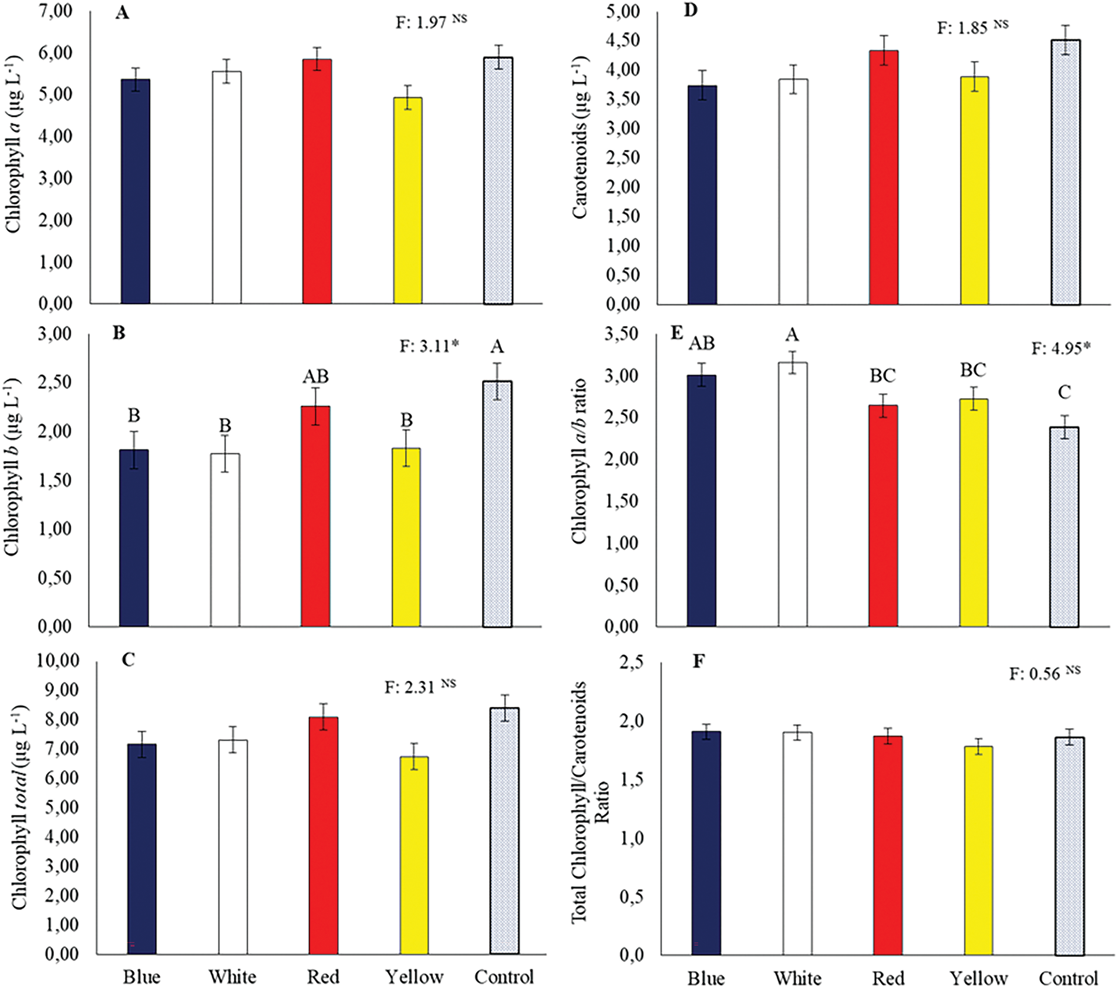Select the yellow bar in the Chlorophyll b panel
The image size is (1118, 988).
[406, 537]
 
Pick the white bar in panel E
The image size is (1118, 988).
[793, 493]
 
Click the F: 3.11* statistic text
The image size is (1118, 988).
[429, 346]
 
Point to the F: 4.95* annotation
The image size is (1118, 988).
[1060, 348]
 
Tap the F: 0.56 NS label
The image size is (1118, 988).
[1044, 673]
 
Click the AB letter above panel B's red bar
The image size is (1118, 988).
[315, 376]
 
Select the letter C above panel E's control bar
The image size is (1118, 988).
[1064, 392]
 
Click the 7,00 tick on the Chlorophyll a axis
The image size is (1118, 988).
[56, 11]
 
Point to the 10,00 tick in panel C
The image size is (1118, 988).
[58, 660]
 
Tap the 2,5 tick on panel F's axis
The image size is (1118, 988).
[631, 663]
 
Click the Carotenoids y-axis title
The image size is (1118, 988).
[580, 138]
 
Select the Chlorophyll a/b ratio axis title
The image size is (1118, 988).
[579, 461]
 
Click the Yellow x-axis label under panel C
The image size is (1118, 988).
[414, 976]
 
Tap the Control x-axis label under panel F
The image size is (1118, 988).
[1068, 978]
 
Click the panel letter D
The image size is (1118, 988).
[691, 11]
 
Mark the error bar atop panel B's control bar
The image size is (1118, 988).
[497, 381]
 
